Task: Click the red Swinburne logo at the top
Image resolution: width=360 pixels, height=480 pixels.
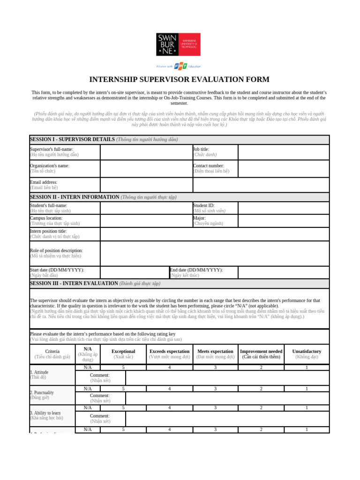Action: (178, 45)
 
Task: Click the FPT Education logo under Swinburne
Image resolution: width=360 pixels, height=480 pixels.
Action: (179, 66)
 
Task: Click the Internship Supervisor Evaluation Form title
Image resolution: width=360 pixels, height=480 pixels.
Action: (180, 79)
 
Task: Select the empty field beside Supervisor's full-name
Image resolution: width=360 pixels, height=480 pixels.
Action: (146, 152)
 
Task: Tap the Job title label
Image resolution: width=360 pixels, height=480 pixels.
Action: (202, 149)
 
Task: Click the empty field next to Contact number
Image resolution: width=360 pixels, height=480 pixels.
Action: (283, 169)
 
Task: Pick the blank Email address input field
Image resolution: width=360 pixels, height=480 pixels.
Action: (146, 185)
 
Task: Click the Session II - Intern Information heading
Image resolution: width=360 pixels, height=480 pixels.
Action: (103, 197)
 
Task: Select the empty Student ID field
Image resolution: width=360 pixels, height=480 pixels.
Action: (283, 208)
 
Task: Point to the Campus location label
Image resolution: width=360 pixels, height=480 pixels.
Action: (46, 218)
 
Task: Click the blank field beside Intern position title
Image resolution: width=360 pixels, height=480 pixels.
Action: (214, 234)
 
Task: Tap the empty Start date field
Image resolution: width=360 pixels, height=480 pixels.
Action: (135, 272)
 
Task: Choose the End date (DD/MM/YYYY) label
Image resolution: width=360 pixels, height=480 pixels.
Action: (197, 270)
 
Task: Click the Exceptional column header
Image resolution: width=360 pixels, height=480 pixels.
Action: (123, 351)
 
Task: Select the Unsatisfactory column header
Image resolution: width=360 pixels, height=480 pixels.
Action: (307, 351)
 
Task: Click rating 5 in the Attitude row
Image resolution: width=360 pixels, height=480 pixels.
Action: (123, 367)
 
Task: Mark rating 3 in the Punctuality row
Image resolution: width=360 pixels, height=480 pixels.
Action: (215, 389)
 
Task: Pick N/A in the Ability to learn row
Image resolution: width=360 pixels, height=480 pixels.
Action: (88, 408)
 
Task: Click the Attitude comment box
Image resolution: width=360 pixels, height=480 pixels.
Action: (227, 378)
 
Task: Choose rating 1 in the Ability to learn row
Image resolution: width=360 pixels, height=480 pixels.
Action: (307, 408)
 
